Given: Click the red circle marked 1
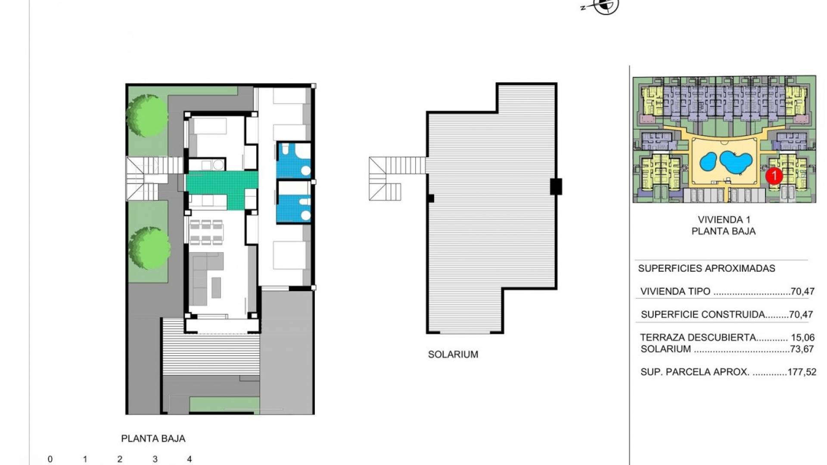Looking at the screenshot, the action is [x=774, y=176].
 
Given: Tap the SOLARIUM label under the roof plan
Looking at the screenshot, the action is [x=453, y=354].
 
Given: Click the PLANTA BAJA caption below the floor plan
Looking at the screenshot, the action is [x=153, y=438].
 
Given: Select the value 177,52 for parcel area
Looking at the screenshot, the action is [x=802, y=372].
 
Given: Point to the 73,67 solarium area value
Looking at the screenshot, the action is [x=802, y=349].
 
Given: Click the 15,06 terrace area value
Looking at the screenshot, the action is [x=803, y=338].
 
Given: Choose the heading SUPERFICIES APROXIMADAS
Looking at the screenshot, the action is [x=706, y=268].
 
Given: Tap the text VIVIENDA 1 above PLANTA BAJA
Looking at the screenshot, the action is [x=723, y=220].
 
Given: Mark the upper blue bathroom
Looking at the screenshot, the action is [x=293, y=160].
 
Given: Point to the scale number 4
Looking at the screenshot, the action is [x=189, y=459].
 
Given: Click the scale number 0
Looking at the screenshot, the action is [x=50, y=459].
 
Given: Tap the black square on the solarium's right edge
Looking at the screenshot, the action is [x=556, y=187].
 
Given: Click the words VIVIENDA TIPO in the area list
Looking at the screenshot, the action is [x=675, y=291].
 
